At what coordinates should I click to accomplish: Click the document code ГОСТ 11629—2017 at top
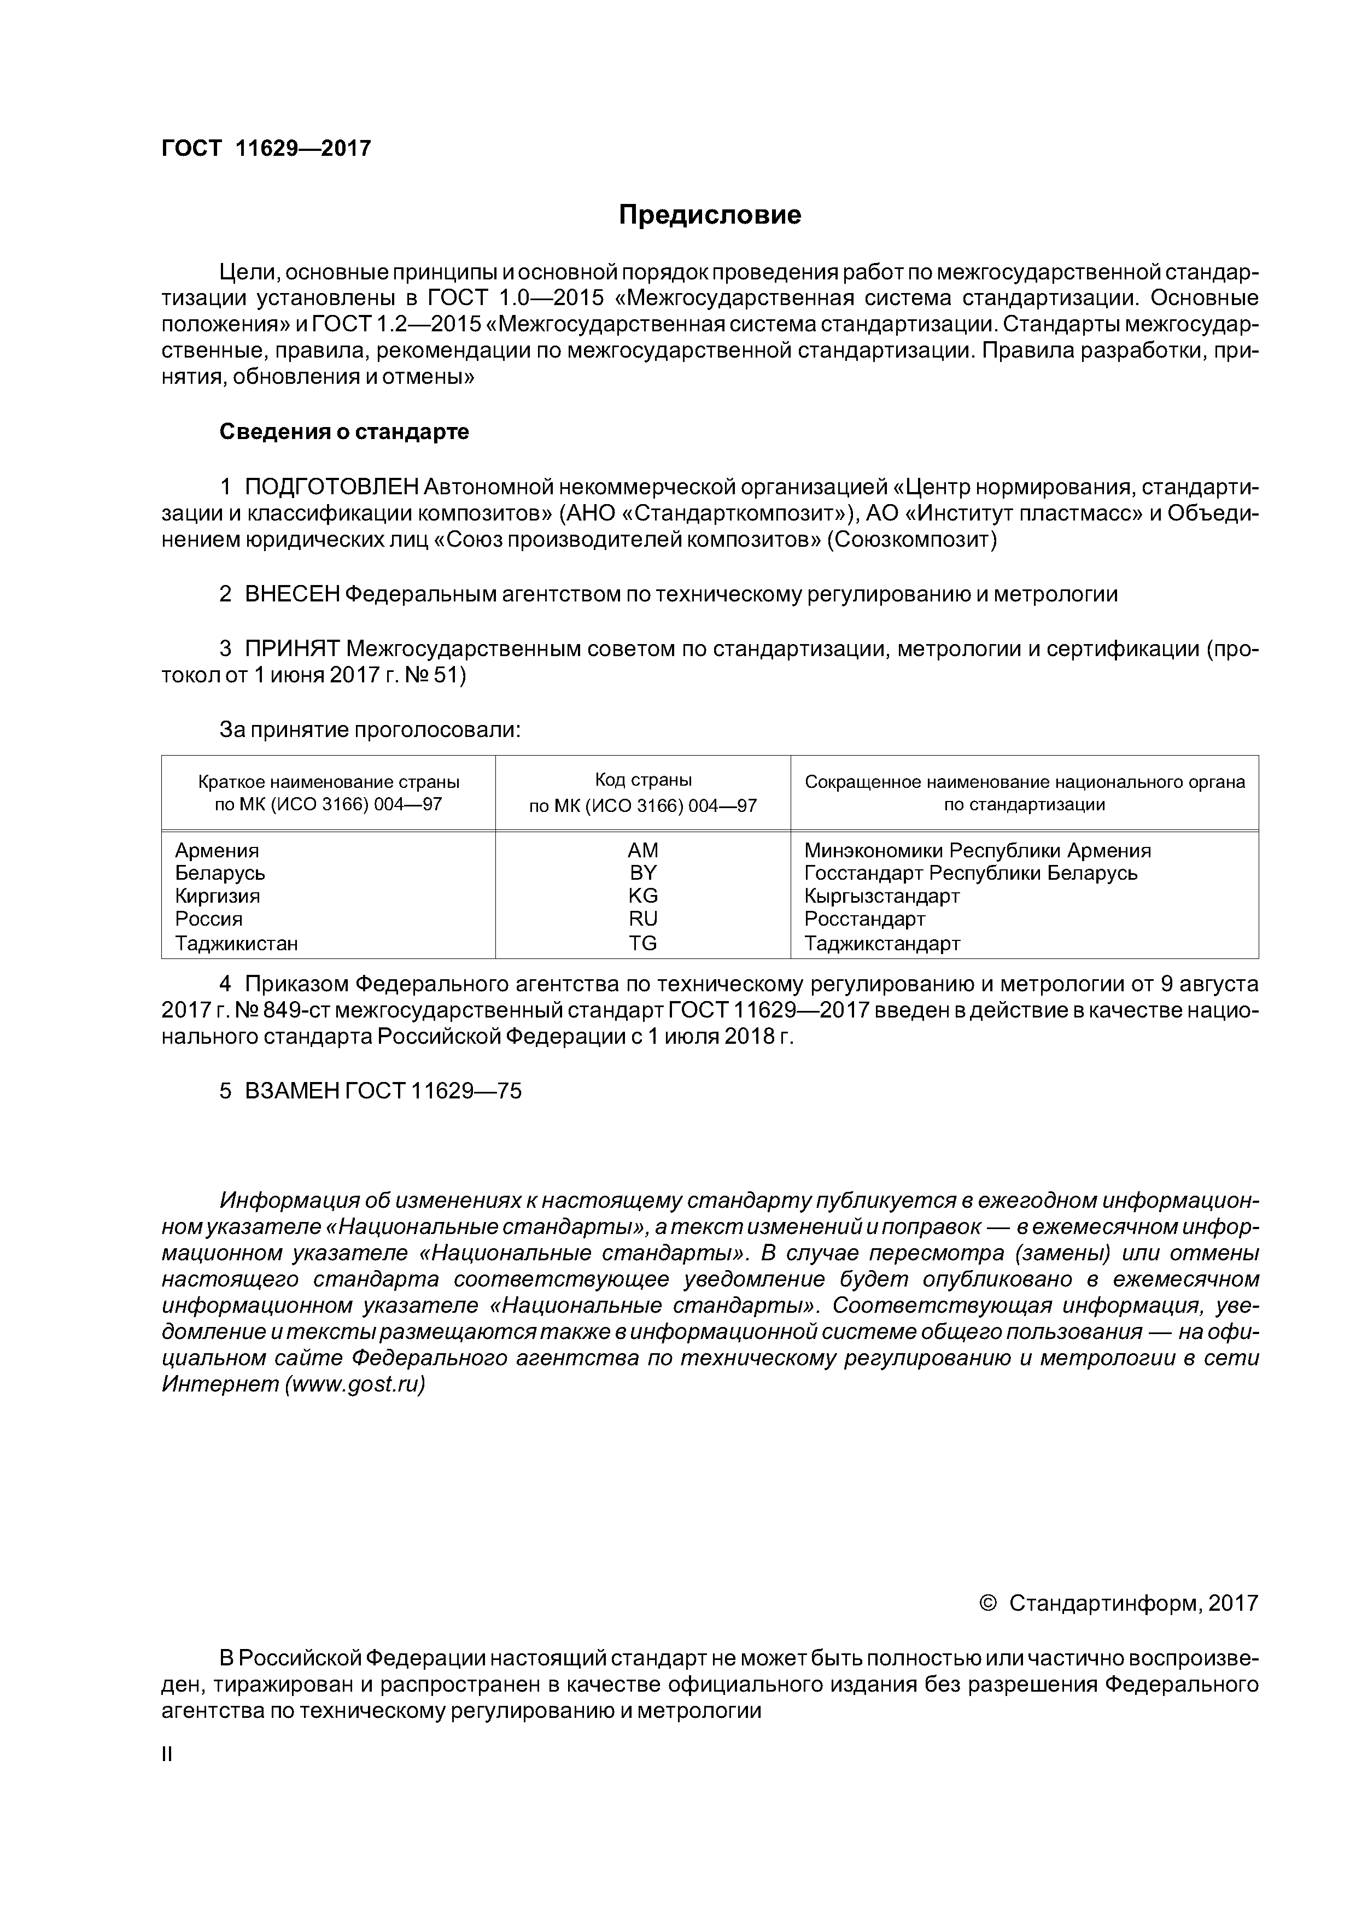(266, 149)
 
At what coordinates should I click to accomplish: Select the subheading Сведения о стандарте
(343, 432)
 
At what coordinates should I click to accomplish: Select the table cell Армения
(217, 850)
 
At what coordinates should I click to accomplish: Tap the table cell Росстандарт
(865, 919)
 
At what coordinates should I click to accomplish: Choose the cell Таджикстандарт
(882, 943)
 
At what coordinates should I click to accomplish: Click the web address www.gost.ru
(355, 1384)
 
